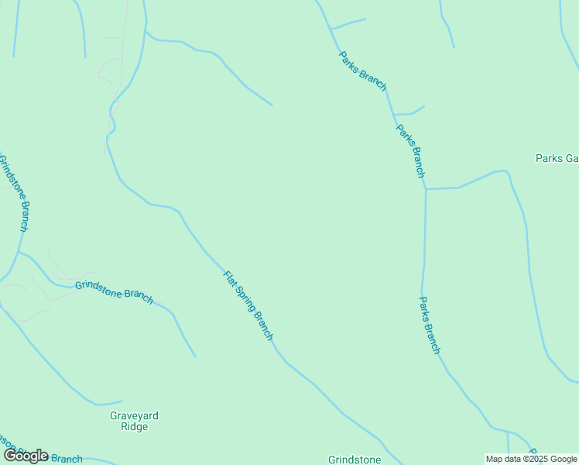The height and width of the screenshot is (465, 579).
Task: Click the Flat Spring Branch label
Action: [248, 305]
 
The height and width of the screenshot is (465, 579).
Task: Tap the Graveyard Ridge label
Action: [134, 421]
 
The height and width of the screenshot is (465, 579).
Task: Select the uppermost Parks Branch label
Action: [362, 73]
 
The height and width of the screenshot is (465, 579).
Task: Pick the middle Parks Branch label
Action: [411, 151]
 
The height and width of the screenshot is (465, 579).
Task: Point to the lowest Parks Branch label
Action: [430, 324]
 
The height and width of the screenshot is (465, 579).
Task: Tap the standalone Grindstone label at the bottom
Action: [355, 460]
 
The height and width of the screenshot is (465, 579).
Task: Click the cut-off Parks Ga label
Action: [557, 158]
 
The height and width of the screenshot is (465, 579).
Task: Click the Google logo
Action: [26, 456]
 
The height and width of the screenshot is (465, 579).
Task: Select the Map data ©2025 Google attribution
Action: [532, 459]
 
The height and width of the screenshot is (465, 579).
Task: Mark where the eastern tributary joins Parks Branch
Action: [425, 188]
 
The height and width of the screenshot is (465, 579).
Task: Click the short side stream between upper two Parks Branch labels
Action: [410, 112]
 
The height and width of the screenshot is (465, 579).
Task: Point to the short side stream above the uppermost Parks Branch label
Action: [348, 23]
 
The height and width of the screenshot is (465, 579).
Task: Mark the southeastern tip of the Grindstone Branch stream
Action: [195, 356]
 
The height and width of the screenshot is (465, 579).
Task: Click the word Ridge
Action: [134, 427]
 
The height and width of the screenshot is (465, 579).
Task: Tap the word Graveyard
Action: [134, 416]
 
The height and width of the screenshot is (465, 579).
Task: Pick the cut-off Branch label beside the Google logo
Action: [67, 459]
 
